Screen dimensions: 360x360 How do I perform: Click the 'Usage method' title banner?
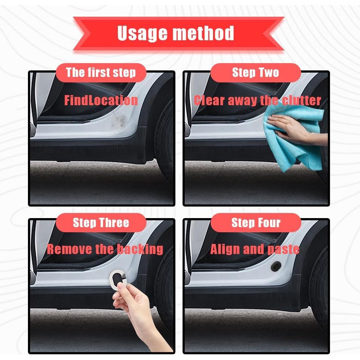pyautogui.click(x=178, y=33)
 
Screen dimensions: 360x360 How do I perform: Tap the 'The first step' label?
pyautogui.click(x=101, y=73)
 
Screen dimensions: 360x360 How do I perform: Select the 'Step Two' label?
pyautogui.click(x=255, y=73)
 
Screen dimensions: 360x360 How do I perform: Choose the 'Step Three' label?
pyautogui.click(x=101, y=222)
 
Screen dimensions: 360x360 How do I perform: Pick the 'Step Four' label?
pyautogui.click(x=256, y=222)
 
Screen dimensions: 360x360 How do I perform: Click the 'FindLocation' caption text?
pyautogui.click(x=101, y=100)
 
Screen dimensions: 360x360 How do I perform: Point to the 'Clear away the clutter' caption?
pyautogui.click(x=257, y=100)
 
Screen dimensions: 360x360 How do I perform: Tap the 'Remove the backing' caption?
pyautogui.click(x=105, y=249)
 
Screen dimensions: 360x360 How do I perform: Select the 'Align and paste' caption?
pyautogui.click(x=255, y=249)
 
